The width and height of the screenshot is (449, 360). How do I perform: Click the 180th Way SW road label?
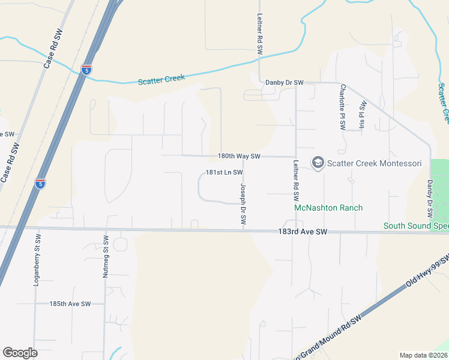click(239, 156)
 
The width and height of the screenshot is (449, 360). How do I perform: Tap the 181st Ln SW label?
click(224, 172)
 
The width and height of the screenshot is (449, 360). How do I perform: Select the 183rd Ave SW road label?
click(303, 232)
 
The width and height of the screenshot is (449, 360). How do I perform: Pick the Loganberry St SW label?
click(36, 263)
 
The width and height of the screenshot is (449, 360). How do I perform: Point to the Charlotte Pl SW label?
click(342, 106)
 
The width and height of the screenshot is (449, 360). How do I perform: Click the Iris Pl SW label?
click(363, 114)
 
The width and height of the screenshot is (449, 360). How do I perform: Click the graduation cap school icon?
click(317, 163)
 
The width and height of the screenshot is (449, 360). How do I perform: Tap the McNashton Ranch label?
click(328, 208)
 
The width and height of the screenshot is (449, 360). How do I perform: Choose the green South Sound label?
click(416, 226)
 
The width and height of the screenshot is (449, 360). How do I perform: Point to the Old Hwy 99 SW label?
click(427, 269)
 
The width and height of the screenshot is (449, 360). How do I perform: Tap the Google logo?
click(20, 353)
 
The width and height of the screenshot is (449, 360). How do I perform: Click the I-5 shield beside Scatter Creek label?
click(86, 70)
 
